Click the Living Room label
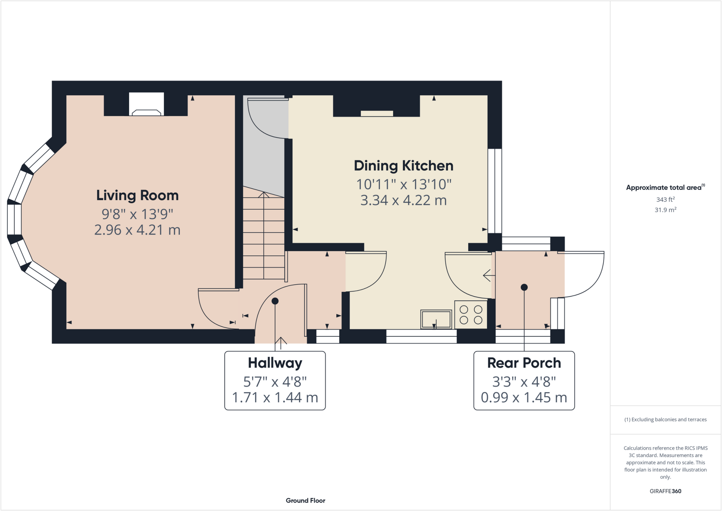pyautogui.click(x=137, y=195)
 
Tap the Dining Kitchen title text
pyautogui.click(x=403, y=166)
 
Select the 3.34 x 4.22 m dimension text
pyautogui.click(x=403, y=200)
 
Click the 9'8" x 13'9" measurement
pyautogui.click(x=137, y=214)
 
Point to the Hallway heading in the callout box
pyautogui.click(x=275, y=363)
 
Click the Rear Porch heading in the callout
pyautogui.click(x=524, y=363)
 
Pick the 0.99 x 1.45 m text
pyautogui.click(x=524, y=397)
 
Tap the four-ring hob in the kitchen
pyautogui.click(x=471, y=315)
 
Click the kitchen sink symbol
pyautogui.click(x=436, y=319)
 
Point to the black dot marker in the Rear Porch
pyautogui.click(x=524, y=287)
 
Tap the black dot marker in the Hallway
pyautogui.click(x=275, y=301)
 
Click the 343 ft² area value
pyautogui.click(x=665, y=200)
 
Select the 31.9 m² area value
pyautogui.click(x=665, y=210)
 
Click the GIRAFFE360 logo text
pyautogui.click(x=665, y=491)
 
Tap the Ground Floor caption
pyautogui.click(x=305, y=500)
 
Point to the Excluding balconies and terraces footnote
pyautogui.click(x=665, y=420)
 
